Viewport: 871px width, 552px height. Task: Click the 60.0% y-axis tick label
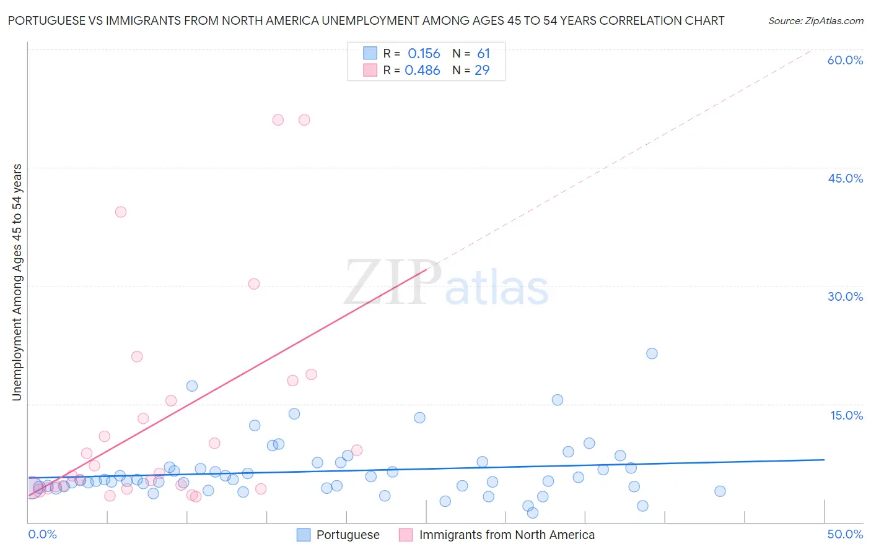[845, 60]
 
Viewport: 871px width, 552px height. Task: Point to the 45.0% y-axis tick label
[845, 178]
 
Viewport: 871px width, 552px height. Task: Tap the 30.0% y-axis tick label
[845, 296]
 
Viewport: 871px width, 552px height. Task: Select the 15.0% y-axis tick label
[846, 415]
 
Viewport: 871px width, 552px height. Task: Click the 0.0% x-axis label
[42, 534]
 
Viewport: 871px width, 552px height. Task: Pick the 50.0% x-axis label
[845, 534]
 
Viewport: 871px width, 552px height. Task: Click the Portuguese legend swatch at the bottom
[304, 535]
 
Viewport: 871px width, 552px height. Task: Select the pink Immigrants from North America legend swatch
[406, 535]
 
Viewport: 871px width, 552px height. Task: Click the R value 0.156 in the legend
[424, 54]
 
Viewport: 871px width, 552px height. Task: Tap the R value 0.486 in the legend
[422, 71]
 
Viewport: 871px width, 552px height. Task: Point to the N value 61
[483, 54]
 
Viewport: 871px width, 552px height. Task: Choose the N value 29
[482, 71]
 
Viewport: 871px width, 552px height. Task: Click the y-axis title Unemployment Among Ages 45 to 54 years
[17, 282]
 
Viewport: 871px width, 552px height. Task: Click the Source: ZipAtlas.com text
[815, 21]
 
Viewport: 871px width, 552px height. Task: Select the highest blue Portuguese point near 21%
[652, 353]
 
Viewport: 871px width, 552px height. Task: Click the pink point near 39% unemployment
[121, 212]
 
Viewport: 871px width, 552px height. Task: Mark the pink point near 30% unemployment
[254, 284]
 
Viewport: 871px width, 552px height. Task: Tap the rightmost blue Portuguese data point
[720, 491]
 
